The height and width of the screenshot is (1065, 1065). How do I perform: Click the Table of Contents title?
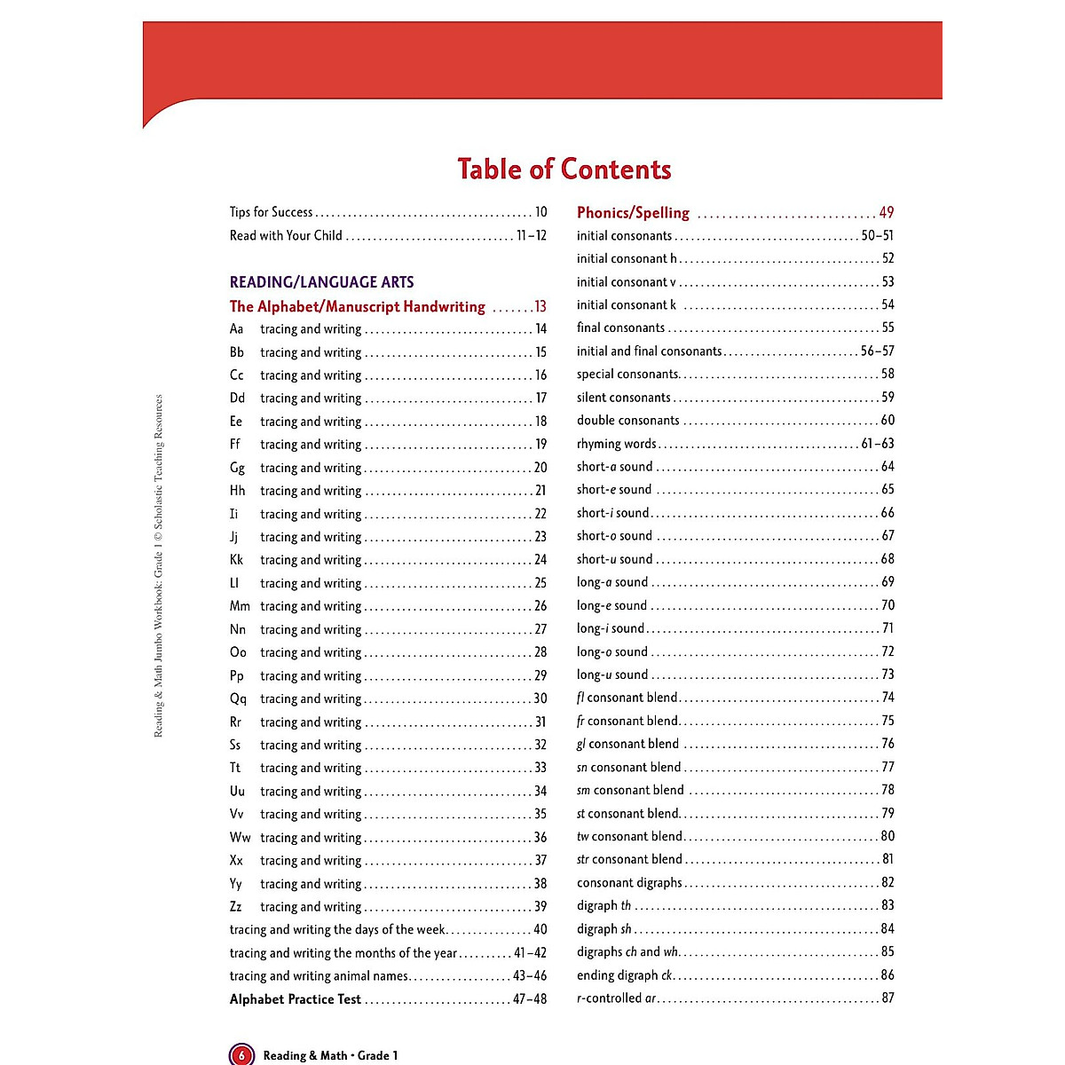[x=564, y=170]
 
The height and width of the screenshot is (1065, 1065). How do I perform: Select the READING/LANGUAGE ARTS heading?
[x=321, y=282]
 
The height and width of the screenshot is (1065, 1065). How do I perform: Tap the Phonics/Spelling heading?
[x=633, y=213]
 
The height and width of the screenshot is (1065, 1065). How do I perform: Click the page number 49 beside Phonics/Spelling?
[x=886, y=213]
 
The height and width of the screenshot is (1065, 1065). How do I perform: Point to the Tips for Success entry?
[x=271, y=212]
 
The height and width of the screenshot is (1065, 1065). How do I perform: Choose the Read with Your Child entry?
[x=286, y=235]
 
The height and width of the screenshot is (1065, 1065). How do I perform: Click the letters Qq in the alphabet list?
[x=238, y=698]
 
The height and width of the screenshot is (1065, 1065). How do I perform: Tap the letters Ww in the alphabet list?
[x=240, y=837]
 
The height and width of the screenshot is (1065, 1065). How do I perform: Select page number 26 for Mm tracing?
[x=540, y=606]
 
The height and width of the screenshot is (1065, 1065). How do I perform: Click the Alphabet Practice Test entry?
[x=295, y=999]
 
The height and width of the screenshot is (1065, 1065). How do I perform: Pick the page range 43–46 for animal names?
[x=530, y=975]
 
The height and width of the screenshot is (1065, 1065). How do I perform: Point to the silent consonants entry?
[x=623, y=398]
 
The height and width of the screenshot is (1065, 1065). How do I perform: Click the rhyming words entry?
[x=616, y=444]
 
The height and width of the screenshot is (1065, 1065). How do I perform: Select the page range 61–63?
[x=878, y=444]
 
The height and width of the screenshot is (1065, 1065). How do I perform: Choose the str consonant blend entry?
[x=629, y=859]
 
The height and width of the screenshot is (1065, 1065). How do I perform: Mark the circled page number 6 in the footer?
[x=241, y=1055]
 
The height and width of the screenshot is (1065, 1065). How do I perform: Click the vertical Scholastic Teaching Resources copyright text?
[x=159, y=565]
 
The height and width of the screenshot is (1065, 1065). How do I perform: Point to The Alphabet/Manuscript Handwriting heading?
[x=357, y=307]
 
